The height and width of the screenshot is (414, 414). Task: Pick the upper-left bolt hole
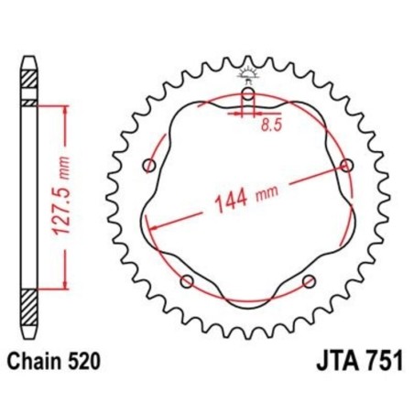click(x=150, y=165)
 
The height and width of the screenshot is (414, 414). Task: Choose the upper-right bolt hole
click(x=346, y=165)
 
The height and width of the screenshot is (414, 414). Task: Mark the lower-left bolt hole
click(x=187, y=281)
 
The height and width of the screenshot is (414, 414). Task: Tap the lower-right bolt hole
click(x=309, y=281)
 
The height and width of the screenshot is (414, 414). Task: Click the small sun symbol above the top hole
click(x=248, y=72)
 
